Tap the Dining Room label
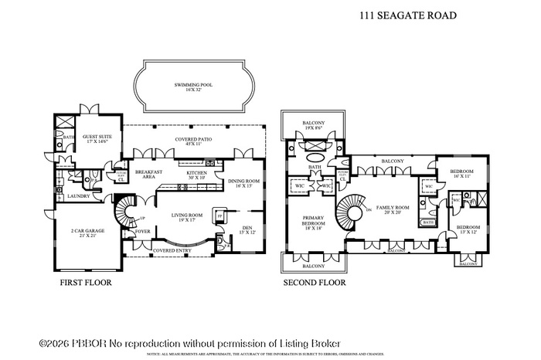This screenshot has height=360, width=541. tap(243, 182)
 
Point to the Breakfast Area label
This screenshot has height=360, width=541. tap(148, 174)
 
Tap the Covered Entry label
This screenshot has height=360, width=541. tap(172, 251)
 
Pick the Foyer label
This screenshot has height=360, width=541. tap(143, 231)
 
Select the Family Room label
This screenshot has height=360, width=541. tap(393, 211)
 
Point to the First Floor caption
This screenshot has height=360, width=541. tap(86, 283)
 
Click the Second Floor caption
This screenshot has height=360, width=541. tap(315, 283)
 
